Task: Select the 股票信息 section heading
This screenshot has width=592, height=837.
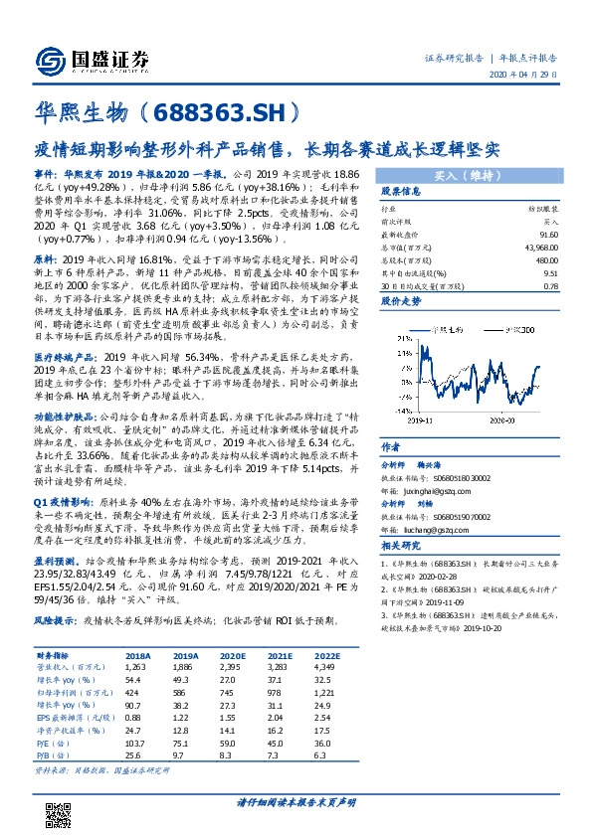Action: click(401, 191)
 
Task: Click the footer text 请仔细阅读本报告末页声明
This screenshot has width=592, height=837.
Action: click(296, 801)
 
